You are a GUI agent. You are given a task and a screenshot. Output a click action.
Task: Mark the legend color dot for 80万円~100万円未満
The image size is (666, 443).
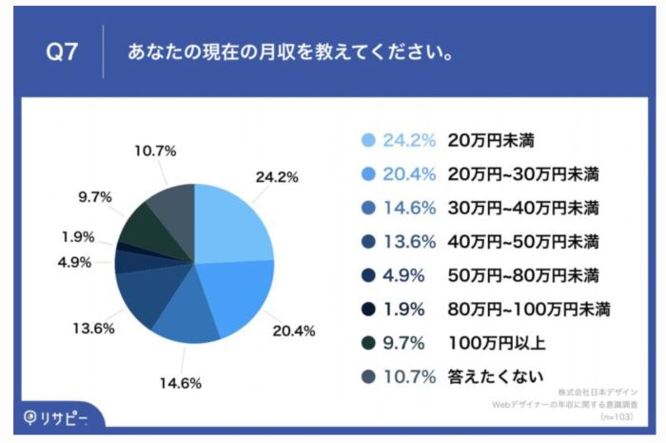pyautogui.click(x=369, y=309)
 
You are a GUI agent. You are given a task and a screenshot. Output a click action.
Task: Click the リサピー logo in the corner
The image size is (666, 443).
pyautogui.click(x=56, y=417)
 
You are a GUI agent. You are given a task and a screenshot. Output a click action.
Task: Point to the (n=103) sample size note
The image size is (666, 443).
pyautogui.click(x=618, y=417)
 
